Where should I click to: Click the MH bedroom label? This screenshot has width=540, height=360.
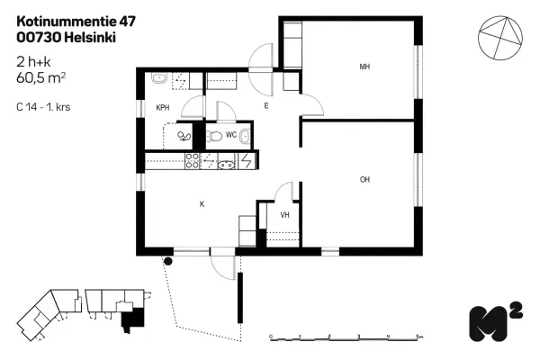click(364, 67)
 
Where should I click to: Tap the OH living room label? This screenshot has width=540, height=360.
click(364, 179)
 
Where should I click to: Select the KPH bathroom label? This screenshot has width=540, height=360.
click(163, 107)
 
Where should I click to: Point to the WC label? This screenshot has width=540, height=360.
click(230, 134)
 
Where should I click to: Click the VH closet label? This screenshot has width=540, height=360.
click(284, 214)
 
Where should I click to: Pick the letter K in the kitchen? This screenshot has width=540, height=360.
click(202, 204)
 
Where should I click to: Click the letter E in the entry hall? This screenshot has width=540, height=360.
click(266, 106)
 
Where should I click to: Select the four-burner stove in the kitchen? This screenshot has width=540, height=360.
click(192, 161)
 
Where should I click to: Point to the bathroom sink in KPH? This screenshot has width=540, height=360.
click(157, 79)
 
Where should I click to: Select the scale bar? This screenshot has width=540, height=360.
click(346, 337)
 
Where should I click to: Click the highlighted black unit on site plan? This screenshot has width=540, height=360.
click(133, 317)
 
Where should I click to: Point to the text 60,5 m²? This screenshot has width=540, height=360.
click(40, 78)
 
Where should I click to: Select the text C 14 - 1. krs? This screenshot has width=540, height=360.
click(44, 106)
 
